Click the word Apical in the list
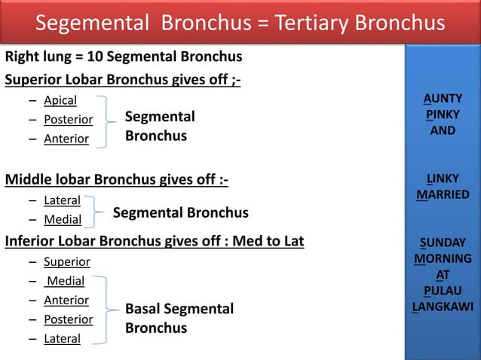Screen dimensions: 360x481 point(60,99)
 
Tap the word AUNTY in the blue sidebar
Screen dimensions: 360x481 point(443,99)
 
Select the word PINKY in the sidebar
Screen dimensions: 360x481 point(443,114)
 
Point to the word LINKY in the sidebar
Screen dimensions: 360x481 point(443,179)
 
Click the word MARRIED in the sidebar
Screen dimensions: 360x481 point(443,196)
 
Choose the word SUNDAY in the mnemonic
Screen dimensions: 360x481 point(443,243)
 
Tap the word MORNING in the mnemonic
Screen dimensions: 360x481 point(443,259)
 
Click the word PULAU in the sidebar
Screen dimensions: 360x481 point(443,291)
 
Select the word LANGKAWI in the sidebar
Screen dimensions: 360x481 point(443,307)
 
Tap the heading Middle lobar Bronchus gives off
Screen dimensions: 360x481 point(116,180)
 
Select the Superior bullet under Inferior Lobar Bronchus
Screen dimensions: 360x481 point(66,262)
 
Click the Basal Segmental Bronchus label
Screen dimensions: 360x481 point(179,319)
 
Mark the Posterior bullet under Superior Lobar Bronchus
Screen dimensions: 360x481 point(68,119)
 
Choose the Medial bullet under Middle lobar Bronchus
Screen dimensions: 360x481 point(63,220)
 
